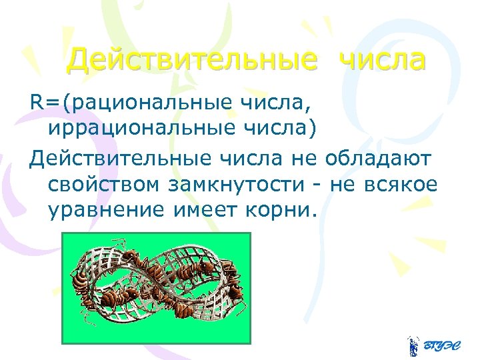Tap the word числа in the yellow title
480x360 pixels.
click(x=382, y=60)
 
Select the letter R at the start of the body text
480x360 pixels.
click(x=35, y=103)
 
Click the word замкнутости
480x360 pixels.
click(x=241, y=184)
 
